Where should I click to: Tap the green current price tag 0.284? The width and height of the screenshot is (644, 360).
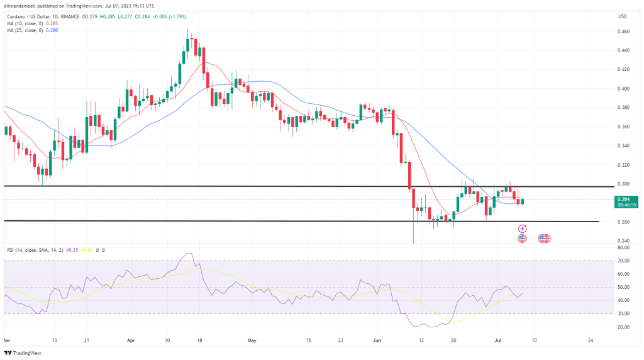(626, 199)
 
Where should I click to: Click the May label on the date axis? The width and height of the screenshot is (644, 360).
(252, 340)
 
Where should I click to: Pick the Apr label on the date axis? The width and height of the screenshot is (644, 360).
(130, 340)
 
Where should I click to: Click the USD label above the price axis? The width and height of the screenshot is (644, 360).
(623, 16)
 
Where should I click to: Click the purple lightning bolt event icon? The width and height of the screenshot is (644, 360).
(522, 228)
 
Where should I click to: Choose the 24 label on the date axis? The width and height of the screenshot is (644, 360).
(590, 340)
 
